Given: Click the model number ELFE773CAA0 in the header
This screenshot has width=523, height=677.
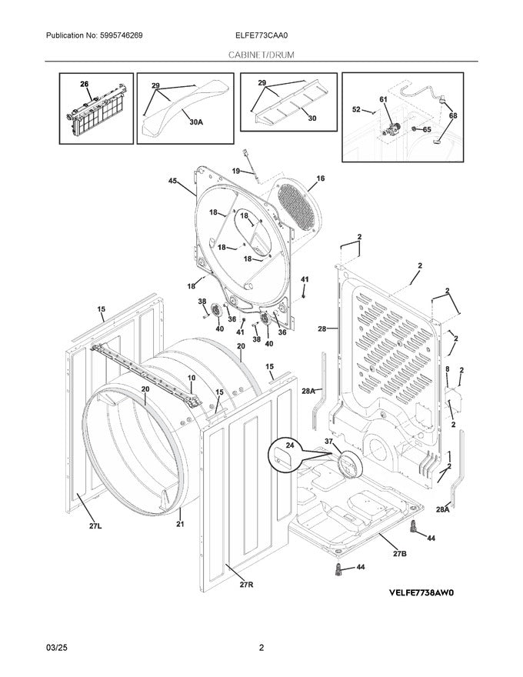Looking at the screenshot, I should coord(261,35).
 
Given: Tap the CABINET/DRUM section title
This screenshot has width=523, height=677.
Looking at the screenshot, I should coord(261,55).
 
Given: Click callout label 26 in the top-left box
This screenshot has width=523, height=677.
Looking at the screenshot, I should coord(85,84).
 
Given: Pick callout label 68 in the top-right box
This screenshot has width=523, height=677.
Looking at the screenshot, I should coord(452,115).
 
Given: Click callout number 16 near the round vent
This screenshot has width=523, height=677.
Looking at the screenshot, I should coord(320,178).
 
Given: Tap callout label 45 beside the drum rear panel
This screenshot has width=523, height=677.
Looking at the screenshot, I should coord(173,182).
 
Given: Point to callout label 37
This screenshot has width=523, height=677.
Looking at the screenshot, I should coord(329,442).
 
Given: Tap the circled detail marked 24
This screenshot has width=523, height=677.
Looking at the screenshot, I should coord(286,455).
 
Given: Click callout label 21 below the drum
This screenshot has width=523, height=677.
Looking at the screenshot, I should coord(180,525).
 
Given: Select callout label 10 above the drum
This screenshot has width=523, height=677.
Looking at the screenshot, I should coord(192,378).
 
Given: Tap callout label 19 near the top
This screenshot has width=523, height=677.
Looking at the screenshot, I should coord(236,171).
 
